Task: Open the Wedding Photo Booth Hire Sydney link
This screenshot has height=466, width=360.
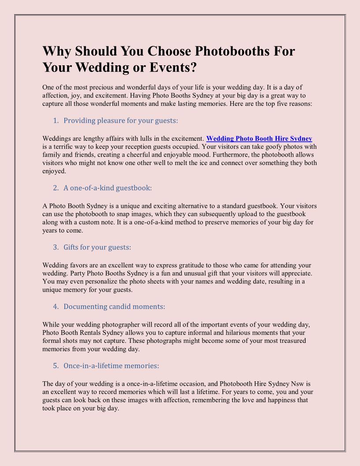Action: click(259, 139)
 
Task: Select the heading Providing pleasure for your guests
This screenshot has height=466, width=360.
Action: click(120, 120)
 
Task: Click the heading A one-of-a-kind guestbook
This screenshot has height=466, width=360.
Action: click(107, 188)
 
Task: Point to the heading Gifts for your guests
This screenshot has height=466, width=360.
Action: click(97, 247)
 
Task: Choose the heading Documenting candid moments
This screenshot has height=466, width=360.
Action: click(114, 306)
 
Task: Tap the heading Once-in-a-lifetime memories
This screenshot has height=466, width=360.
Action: click(111, 365)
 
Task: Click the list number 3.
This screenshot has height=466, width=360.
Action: click(56, 247)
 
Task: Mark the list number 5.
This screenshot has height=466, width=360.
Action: click(56, 365)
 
